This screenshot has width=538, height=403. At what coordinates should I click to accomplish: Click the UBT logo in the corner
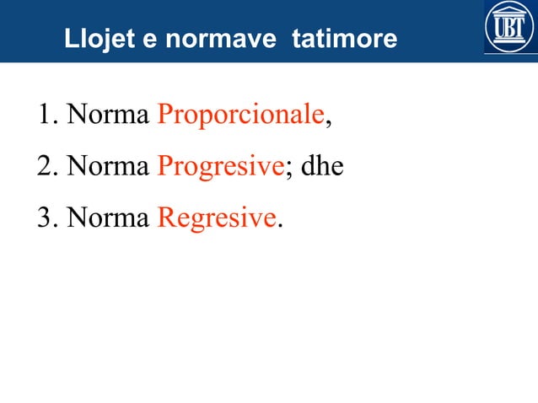[x=509, y=28]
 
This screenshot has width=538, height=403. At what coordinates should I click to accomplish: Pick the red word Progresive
[x=219, y=166]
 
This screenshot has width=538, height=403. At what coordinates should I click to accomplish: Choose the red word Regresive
[x=216, y=218]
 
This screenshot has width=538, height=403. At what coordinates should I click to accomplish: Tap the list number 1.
[x=45, y=115]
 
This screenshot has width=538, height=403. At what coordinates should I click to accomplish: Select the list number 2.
[x=45, y=166]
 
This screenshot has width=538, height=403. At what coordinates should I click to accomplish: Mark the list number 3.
[x=45, y=218]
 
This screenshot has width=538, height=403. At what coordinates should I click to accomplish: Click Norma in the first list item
[x=108, y=115]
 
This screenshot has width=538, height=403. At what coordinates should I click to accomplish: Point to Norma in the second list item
[x=108, y=166]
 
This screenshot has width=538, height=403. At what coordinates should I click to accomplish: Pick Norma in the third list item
[x=108, y=218]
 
